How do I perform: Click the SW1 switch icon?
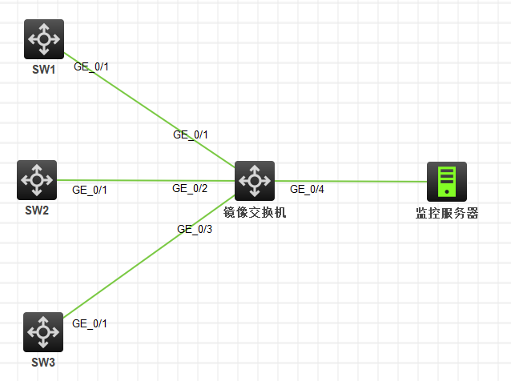click(x=44, y=39)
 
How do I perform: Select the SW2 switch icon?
click(x=37, y=179)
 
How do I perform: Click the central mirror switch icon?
click(x=255, y=181)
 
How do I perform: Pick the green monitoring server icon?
click(x=446, y=182)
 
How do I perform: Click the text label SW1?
click(x=43, y=69)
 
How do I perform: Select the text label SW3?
click(x=43, y=363)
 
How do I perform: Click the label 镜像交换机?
click(x=255, y=212)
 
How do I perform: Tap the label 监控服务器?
click(x=446, y=213)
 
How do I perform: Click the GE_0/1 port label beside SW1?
click(x=91, y=67)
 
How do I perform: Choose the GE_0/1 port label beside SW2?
click(x=90, y=190)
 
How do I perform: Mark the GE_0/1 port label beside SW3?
click(x=90, y=323)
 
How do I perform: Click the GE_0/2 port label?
click(x=190, y=189)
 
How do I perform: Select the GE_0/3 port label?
click(x=195, y=230)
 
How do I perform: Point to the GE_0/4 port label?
click(x=307, y=190)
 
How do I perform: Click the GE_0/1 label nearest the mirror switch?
click(x=191, y=134)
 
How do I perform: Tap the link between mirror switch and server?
click(x=352, y=181)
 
